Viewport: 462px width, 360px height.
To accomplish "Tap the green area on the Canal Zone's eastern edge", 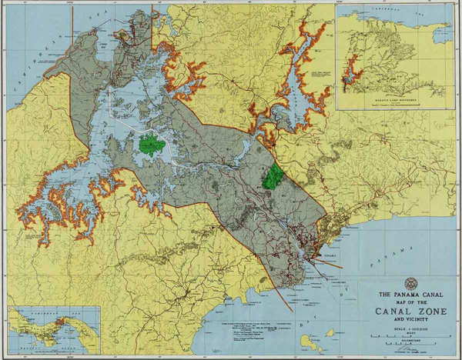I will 271,176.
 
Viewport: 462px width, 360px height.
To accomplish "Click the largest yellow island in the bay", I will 310,341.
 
